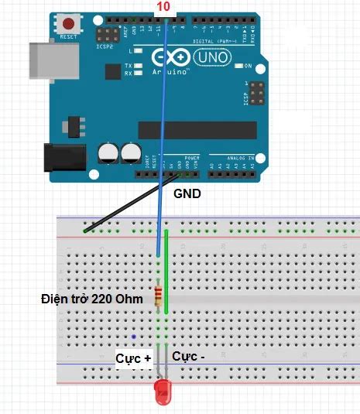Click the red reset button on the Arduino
(x=69, y=23)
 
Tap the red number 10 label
(x=163, y=6)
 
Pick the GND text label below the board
(x=187, y=194)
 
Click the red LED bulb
(x=163, y=392)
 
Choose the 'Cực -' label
(x=189, y=357)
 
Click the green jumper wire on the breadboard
(x=166, y=271)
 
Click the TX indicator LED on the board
(x=138, y=67)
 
